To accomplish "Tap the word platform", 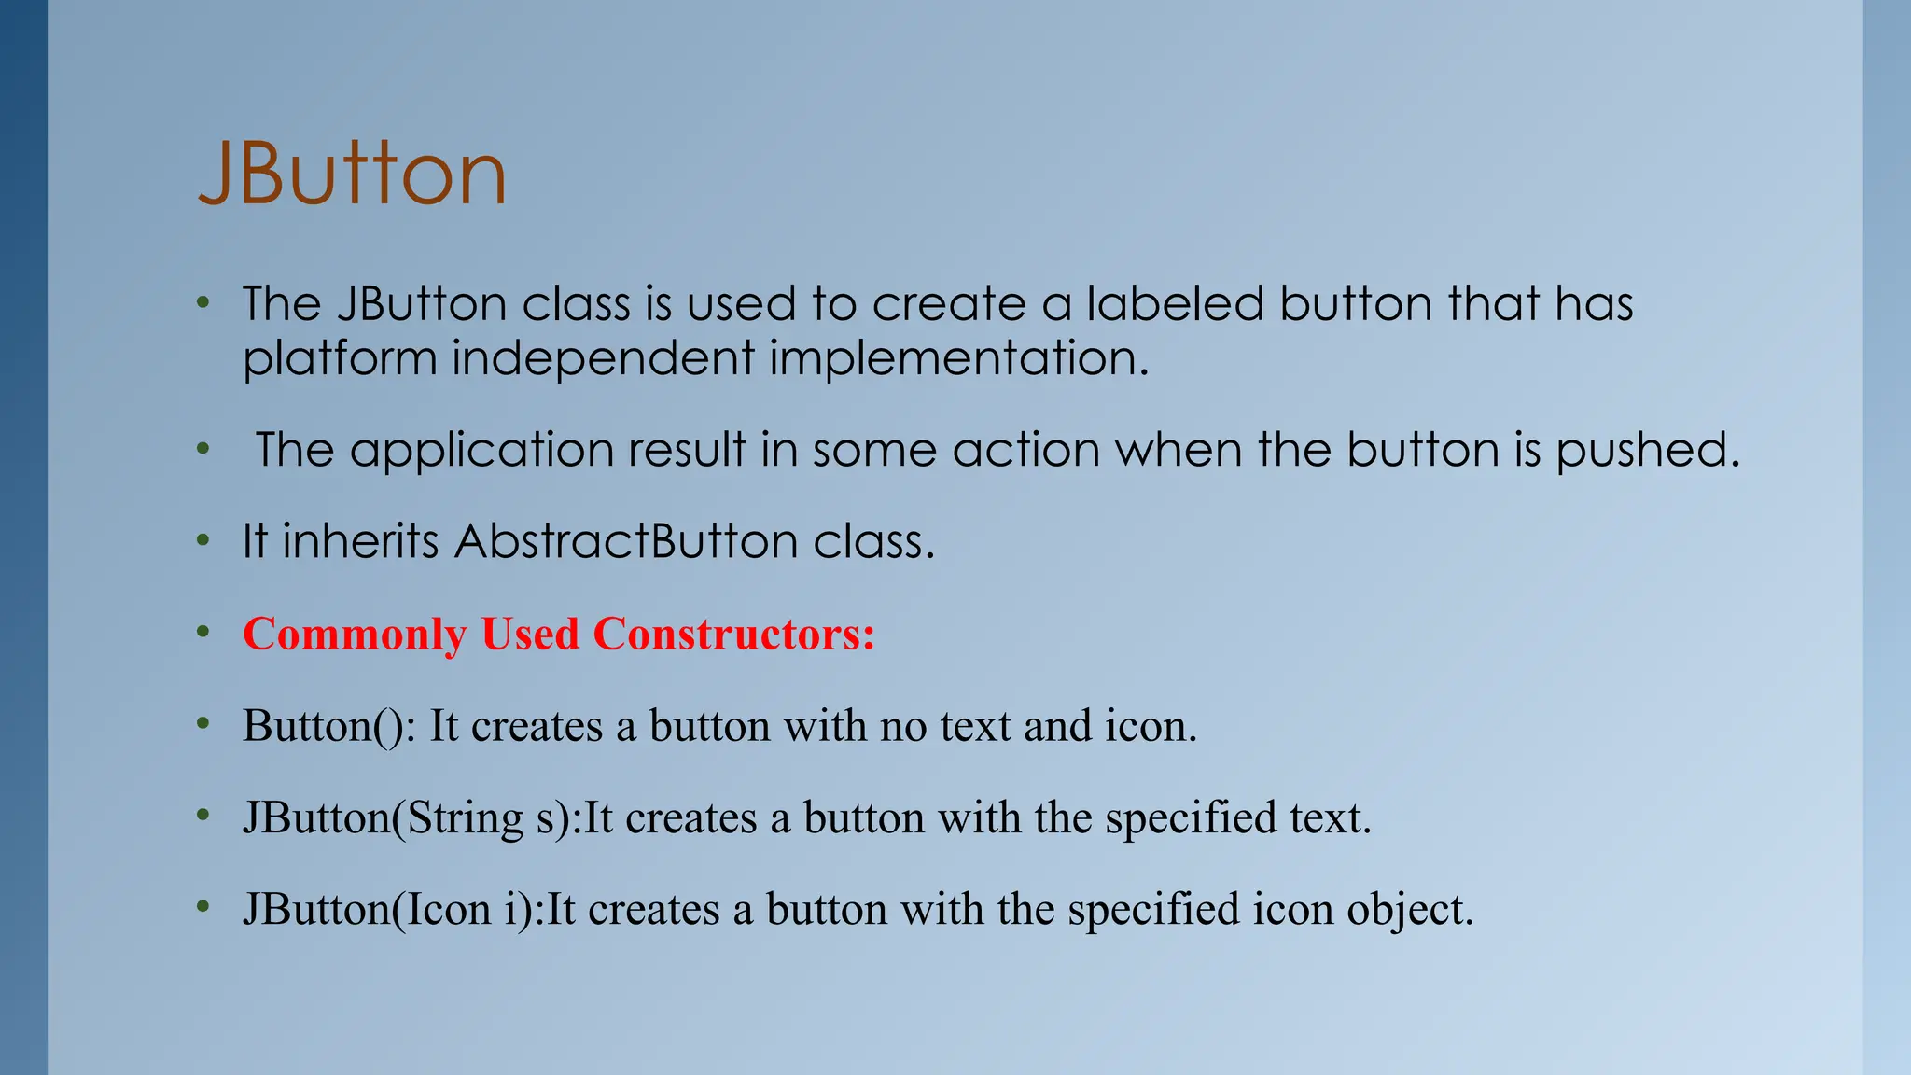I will [340, 359].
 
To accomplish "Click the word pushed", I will [1647, 450].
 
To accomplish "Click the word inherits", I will [360, 541].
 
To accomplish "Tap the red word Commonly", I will [354, 635].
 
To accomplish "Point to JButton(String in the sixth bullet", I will [383, 817].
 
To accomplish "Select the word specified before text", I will [1191, 817].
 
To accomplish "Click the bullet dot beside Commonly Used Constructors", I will [203, 633].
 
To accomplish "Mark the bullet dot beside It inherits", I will [203, 540].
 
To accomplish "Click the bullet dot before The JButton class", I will [203, 303].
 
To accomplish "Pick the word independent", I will [603, 359].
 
